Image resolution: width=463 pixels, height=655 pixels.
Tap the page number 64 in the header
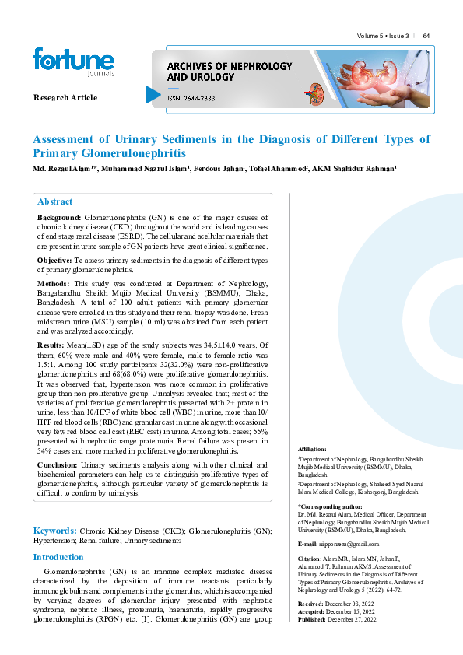426,37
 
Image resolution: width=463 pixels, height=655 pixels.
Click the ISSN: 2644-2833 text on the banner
191,99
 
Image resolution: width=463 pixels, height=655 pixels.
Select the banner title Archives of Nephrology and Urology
212,72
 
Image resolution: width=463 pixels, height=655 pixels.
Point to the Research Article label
65,97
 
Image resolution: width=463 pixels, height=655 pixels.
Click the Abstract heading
54,201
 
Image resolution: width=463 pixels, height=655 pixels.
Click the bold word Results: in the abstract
52,344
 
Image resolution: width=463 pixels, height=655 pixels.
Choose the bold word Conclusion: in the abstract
58,464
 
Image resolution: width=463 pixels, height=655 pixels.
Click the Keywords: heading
54,530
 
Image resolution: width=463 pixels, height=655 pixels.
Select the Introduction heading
58,557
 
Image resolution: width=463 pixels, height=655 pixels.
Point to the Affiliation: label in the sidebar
312,450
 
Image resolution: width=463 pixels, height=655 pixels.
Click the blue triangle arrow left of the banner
153,94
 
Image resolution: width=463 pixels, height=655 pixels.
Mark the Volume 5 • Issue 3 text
382,37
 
